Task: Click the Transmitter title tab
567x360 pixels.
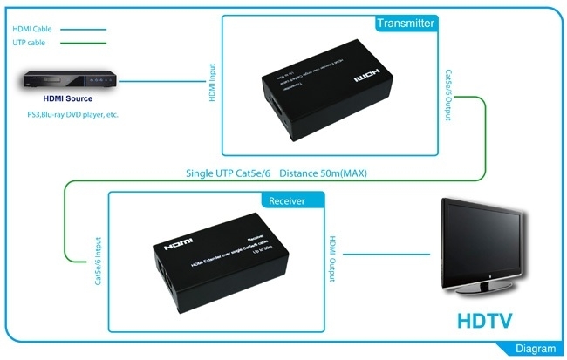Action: [x=405, y=24]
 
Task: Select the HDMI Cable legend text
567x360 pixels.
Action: [x=31, y=29]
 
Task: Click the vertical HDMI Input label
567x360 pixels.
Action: [x=212, y=83]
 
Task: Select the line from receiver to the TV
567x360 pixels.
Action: [x=388, y=255]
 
